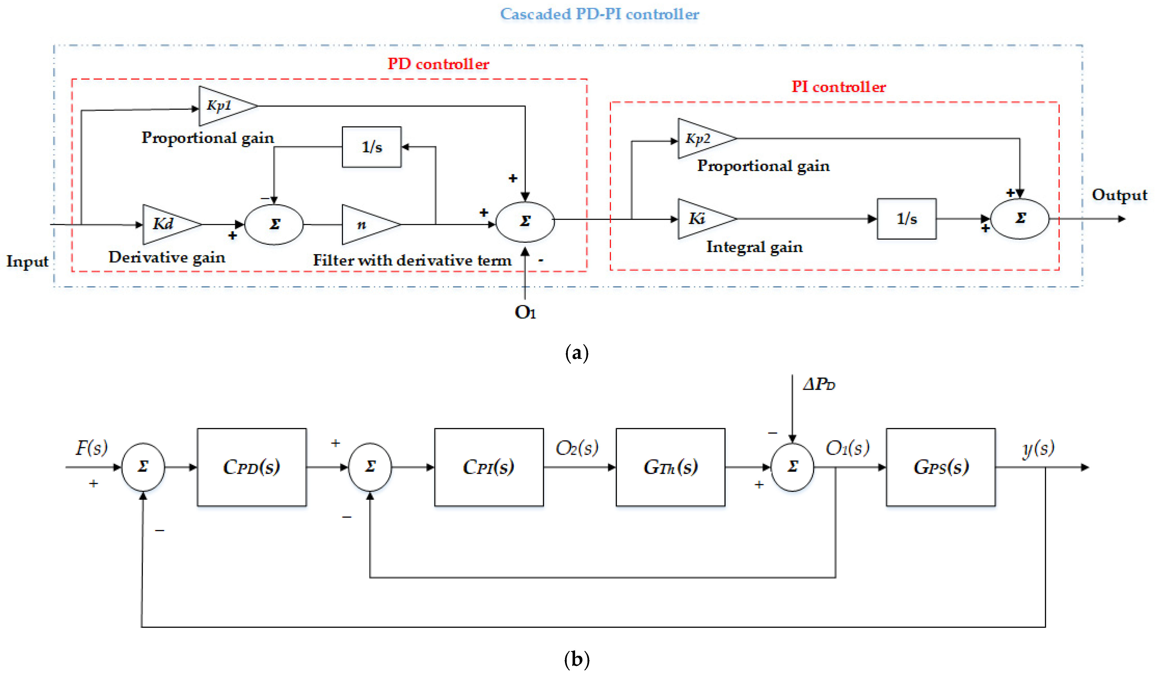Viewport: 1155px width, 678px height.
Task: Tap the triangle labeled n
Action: coord(366,225)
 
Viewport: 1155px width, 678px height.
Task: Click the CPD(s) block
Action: coord(252,467)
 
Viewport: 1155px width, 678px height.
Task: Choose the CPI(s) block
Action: coord(488,467)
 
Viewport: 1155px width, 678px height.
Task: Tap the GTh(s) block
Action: coord(670,467)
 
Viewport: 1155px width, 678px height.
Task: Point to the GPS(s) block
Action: coord(941,467)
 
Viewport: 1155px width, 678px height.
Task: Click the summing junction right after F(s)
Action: coord(143,467)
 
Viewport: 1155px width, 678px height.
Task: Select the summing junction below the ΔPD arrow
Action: coord(792,467)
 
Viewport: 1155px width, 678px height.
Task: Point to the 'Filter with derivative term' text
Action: coord(412,260)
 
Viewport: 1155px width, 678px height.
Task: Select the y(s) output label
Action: coord(1038,448)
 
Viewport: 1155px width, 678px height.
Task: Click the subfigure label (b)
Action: coord(577,659)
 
